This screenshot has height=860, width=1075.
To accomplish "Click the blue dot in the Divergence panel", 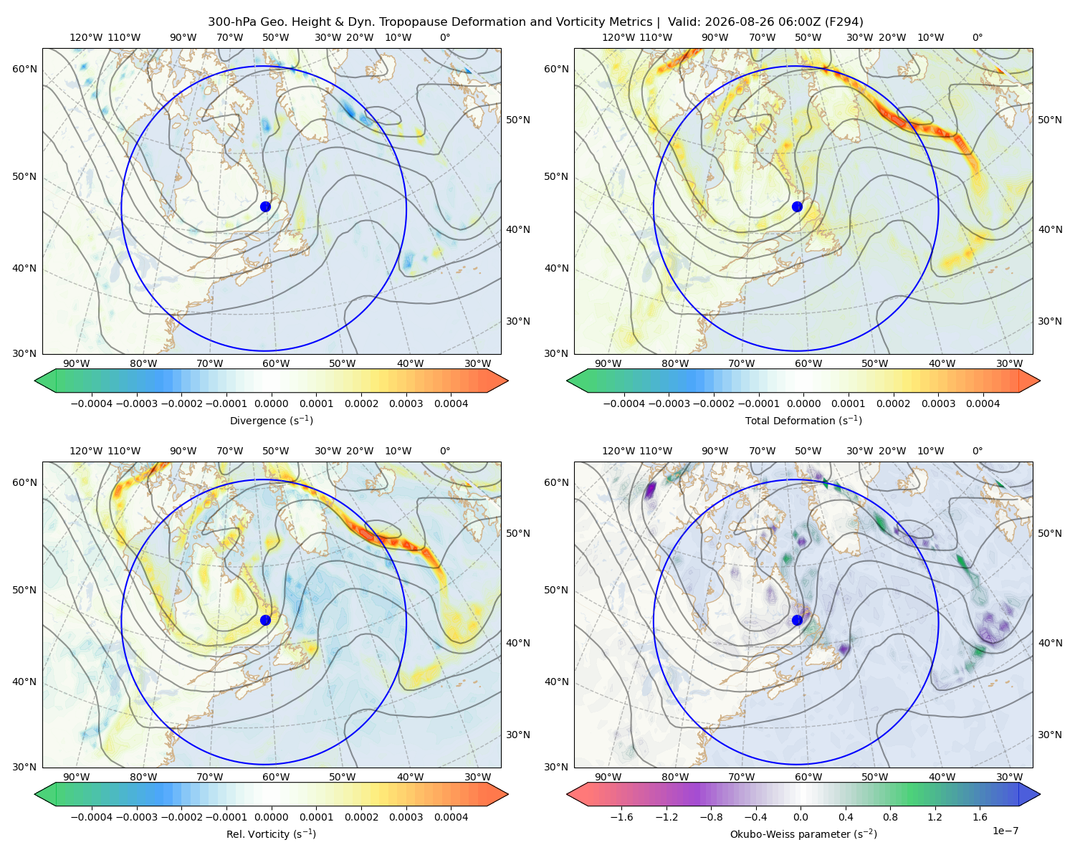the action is point(265,206).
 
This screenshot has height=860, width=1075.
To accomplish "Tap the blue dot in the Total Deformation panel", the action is point(797,206).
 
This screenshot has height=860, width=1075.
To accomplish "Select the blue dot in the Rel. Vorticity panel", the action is point(265,620).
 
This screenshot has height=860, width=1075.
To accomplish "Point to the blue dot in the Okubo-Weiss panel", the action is point(797,620).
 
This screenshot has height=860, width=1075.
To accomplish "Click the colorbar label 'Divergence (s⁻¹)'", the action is point(271,420).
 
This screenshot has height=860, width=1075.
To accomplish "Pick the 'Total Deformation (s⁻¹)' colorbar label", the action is point(803,420).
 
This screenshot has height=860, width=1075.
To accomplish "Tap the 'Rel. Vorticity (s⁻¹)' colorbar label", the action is point(271,833).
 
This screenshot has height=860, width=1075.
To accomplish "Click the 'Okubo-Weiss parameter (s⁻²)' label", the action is point(803,833).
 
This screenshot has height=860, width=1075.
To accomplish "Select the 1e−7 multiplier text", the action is point(1005,831).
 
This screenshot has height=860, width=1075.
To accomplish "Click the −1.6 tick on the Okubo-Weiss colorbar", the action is point(621,816).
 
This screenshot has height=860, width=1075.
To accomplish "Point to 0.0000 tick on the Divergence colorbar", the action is point(271,403).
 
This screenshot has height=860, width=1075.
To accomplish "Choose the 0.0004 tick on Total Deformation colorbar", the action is point(983,403).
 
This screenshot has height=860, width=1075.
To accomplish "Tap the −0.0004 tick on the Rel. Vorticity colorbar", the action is point(92,816).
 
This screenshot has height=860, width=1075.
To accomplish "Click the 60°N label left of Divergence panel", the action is point(24,69).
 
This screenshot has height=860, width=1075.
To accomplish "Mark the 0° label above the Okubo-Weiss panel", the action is point(977,450).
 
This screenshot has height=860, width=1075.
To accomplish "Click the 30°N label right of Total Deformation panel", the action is point(1049,321).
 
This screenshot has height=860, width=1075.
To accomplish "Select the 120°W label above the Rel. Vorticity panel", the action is point(86,450).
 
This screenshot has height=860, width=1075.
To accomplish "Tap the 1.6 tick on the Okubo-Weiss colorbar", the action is point(980,816).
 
